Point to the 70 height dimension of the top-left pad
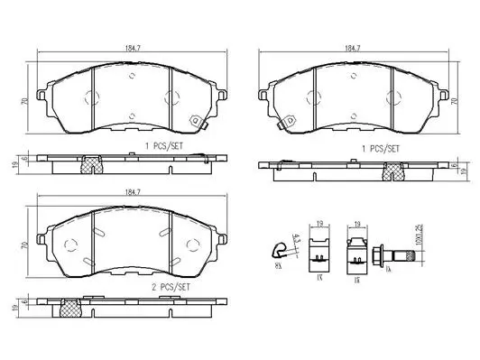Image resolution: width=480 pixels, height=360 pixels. tap(24, 102)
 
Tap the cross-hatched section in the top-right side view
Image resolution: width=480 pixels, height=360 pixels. tap(393, 170)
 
